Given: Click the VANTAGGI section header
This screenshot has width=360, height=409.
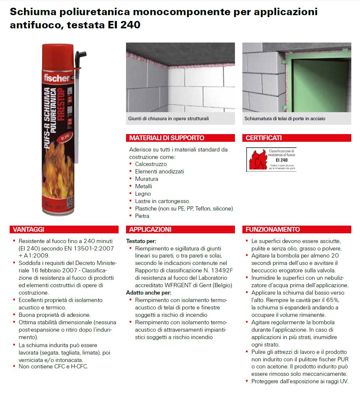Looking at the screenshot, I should tap(29, 229).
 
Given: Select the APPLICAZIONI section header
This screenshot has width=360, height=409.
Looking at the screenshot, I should tap(150, 229).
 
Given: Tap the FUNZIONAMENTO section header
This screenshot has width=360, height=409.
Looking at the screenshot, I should tap(273, 229).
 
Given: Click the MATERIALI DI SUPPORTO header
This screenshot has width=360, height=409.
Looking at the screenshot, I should tap(167, 138).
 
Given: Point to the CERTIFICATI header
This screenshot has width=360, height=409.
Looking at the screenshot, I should tap(264, 138).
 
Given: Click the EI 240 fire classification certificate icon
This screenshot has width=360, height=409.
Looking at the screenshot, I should tap(271, 160).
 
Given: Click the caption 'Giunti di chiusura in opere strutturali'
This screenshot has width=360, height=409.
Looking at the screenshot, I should tap(168, 119).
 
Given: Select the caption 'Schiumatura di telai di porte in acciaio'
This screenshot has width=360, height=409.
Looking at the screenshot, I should tap(285, 119).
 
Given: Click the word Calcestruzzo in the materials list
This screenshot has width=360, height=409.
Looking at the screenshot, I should tap(151, 164).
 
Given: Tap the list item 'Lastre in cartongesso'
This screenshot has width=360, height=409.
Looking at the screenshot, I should tap(162, 201).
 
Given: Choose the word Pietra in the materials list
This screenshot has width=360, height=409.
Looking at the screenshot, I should tap(142, 216).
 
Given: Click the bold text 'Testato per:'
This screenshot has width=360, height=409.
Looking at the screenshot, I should tap(141, 241).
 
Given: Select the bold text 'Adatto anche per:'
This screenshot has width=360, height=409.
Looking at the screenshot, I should tap(149, 293).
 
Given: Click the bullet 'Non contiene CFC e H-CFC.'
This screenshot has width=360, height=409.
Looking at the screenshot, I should tap(53, 366).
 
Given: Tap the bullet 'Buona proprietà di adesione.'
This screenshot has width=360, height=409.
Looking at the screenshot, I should tap(54, 315).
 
